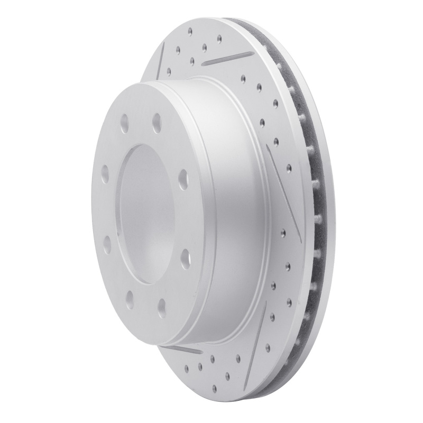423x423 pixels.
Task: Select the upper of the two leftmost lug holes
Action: pyautogui.click(x=105, y=172)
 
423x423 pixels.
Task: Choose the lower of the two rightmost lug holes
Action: pyautogui.click(x=183, y=255)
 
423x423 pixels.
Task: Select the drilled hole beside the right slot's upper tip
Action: pyautogui.click(x=275, y=140)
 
